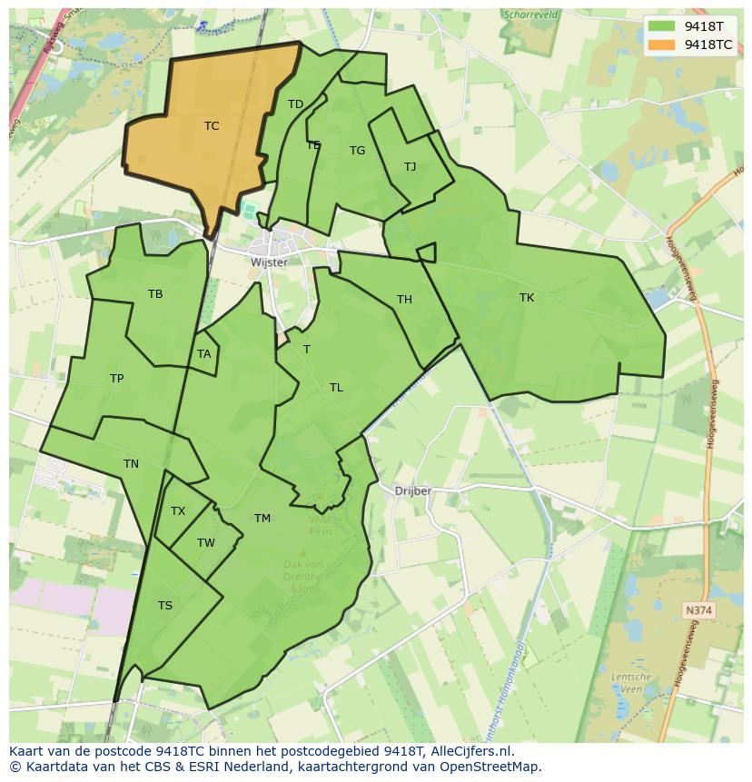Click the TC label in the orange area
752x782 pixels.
click(212, 126)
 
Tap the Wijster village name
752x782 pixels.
click(269, 262)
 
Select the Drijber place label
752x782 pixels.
click(413, 491)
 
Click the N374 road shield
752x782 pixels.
click(698, 611)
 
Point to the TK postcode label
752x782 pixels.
click(527, 298)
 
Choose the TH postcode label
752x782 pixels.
click(404, 300)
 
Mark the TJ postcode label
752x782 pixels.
click(410, 167)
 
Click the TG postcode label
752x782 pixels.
click(357, 151)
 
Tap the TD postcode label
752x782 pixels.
click(295, 104)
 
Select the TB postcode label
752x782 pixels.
click(155, 294)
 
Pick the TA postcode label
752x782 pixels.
click(203, 354)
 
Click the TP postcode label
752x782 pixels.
click(116, 379)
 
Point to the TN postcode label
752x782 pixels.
click(131, 464)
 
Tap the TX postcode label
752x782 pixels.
click(178, 511)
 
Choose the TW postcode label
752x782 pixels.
click(206, 543)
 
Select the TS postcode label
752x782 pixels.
click(164, 606)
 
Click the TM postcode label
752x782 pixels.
click(262, 519)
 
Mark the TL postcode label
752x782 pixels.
click(336, 388)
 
